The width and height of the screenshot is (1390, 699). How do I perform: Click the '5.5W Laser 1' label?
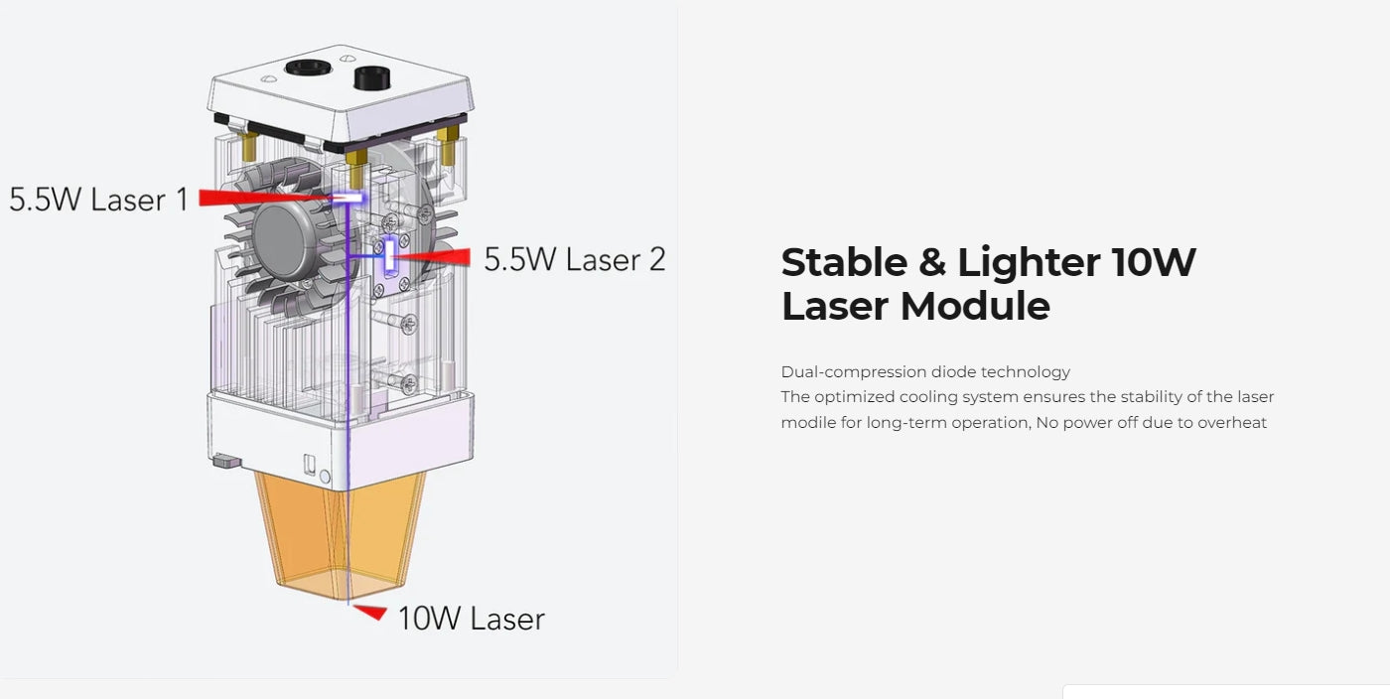[98, 200]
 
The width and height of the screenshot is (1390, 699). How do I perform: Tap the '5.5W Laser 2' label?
[575, 259]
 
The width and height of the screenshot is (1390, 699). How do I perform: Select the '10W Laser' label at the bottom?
[471, 619]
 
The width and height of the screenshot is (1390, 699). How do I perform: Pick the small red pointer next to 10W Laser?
[371, 612]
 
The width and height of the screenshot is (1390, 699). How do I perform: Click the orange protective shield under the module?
[340, 534]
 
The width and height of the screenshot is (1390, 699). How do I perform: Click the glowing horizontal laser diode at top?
[347, 198]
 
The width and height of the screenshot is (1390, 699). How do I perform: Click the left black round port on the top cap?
[308, 68]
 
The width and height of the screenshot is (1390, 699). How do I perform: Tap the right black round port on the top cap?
[371, 77]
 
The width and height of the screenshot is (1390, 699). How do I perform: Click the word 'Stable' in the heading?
[844, 262]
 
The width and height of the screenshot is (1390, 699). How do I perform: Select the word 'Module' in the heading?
[975, 306]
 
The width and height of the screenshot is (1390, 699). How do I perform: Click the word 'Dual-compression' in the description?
[854, 372]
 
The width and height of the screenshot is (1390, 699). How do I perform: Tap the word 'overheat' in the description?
[1232, 423]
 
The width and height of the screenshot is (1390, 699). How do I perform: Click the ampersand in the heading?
[932, 262]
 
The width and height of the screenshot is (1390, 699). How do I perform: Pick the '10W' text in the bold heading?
[1153, 262]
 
